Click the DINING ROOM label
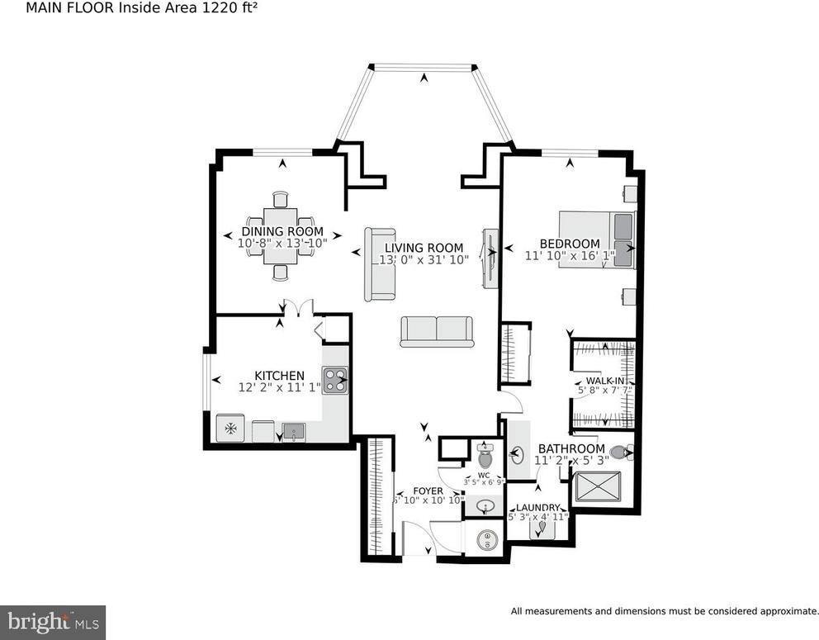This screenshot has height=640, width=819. point(282,232)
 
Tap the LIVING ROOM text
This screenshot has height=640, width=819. point(424,248)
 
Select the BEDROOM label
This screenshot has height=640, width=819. point(569,244)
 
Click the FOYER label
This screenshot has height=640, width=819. point(428,491)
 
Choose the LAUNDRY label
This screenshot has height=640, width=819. point(538,508)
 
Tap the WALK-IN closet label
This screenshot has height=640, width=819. point(604,381)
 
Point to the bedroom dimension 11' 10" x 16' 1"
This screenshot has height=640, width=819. point(570,256)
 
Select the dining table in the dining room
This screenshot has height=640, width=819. point(281,235)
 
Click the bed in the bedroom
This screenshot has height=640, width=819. point(598,239)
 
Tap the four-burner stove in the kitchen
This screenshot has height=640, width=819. point(335,380)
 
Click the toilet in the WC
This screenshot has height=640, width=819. point(485,457)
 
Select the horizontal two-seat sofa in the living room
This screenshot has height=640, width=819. point(436,331)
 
